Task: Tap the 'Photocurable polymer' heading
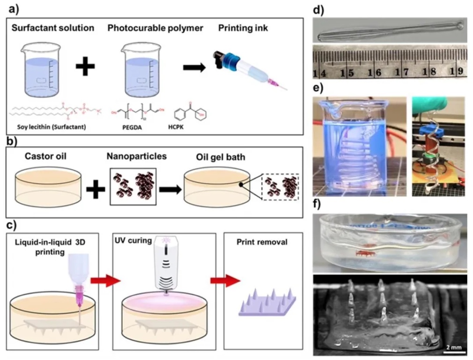pos(155,28)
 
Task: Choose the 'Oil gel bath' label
pos(220,156)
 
